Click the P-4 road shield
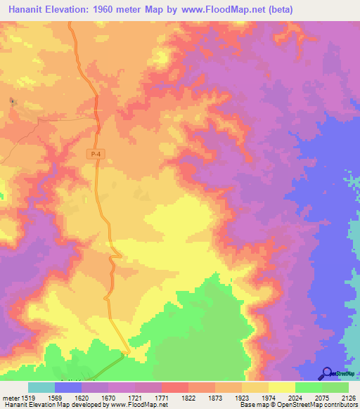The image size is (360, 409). point(94,154)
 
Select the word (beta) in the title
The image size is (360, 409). point(276,9)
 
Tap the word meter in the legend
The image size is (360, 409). point(12,397)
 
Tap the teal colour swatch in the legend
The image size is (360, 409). point(41,387)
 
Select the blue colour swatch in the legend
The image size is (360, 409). point(68,387)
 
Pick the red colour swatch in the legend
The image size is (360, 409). point(175,387)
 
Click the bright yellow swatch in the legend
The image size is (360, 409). point(282,387)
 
